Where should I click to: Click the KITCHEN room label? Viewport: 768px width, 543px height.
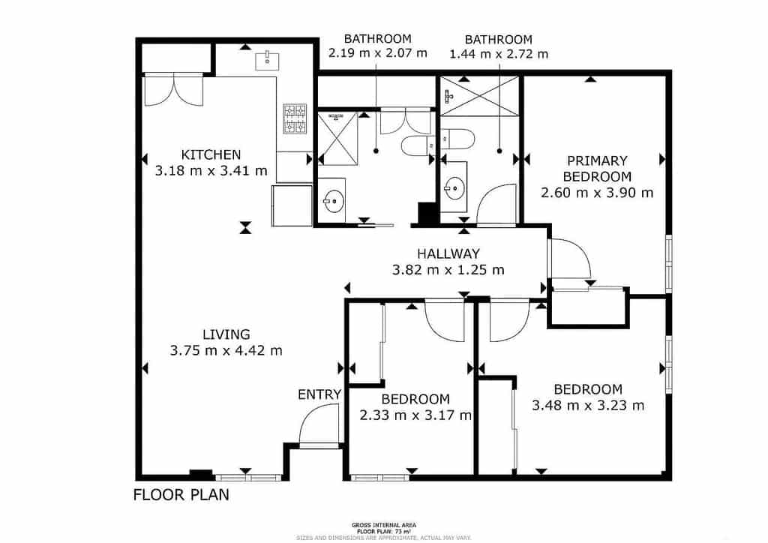coord(212,154)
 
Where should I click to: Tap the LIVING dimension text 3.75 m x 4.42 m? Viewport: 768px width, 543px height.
coord(226,350)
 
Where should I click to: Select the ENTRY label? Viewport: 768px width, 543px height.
coord(319,394)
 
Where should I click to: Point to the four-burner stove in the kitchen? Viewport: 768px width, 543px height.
coord(295,119)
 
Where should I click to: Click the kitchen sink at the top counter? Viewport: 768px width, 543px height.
coord(267,59)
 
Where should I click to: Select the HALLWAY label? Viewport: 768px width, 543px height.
coord(448,253)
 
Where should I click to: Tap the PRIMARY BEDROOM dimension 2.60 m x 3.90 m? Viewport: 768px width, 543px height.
coord(597,193)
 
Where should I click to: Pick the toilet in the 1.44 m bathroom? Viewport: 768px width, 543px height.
coord(457,139)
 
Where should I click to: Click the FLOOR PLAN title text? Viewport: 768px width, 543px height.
coord(181,495)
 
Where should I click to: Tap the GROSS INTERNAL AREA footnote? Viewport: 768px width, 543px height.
coord(384,525)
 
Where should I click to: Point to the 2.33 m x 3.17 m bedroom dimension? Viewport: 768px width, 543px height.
coord(415,415)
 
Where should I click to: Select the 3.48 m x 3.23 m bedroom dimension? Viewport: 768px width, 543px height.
coord(588,406)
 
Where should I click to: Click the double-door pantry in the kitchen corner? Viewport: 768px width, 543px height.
coord(173,89)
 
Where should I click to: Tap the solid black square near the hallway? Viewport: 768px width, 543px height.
coord(427,214)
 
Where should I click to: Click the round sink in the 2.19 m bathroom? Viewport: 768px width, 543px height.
coord(334,200)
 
